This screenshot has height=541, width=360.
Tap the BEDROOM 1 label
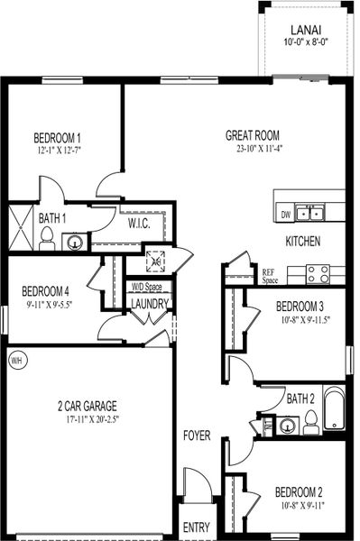click(58, 138)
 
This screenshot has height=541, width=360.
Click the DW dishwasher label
click(285, 215)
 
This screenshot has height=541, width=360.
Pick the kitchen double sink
click(311, 214)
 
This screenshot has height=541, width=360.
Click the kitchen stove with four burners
click(318, 272)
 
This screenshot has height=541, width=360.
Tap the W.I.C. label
click(139, 222)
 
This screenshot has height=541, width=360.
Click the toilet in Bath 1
click(47, 238)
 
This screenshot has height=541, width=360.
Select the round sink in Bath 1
click(76, 242)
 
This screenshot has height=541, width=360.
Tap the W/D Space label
click(147, 287)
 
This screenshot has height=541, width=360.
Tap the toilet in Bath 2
click(309, 419)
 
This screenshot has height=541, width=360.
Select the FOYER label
click(197, 436)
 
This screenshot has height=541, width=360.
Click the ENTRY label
click(196, 527)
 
